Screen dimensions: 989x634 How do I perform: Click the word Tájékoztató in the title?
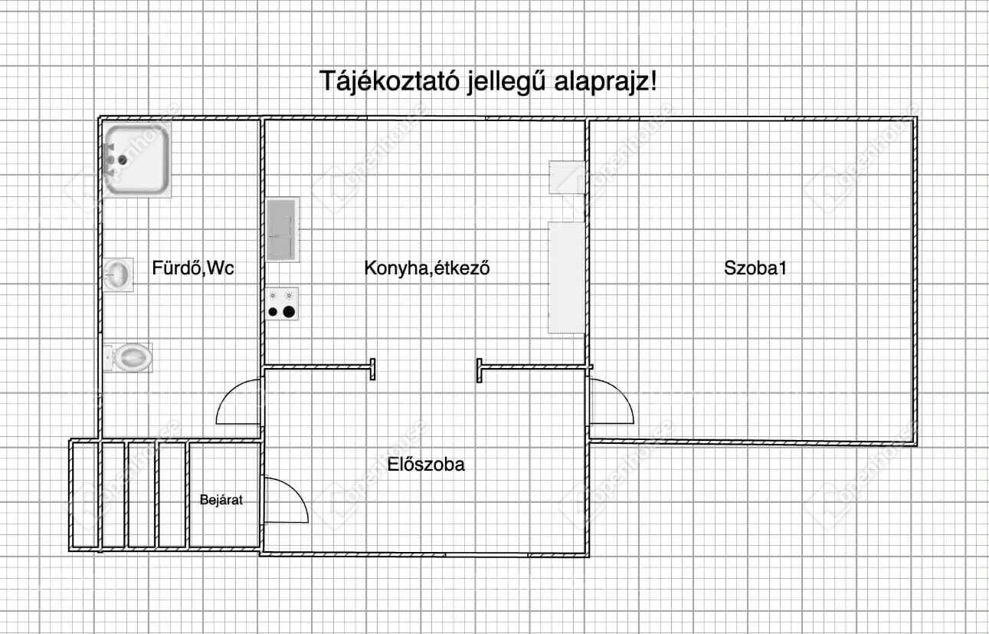[x=389, y=82]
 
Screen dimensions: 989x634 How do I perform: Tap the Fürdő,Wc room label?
[x=193, y=268]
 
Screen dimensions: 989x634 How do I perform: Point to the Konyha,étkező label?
[x=427, y=268]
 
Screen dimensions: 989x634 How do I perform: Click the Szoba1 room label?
[x=755, y=268]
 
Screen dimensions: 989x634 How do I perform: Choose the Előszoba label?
[x=426, y=465]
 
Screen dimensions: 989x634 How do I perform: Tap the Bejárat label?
[x=221, y=500]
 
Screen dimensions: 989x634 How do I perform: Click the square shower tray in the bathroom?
[x=137, y=160]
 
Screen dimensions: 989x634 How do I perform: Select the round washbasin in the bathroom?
[x=118, y=274]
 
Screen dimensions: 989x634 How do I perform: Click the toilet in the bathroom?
[x=129, y=357]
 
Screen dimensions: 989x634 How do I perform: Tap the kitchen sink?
[x=282, y=229]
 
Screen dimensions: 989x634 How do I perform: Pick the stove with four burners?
[x=282, y=304]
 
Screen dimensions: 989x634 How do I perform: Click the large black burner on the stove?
[x=289, y=312]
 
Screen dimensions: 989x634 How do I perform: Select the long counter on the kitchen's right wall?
[x=566, y=278]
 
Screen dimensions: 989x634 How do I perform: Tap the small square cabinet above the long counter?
[x=567, y=177]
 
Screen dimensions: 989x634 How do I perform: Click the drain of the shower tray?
[x=123, y=160]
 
